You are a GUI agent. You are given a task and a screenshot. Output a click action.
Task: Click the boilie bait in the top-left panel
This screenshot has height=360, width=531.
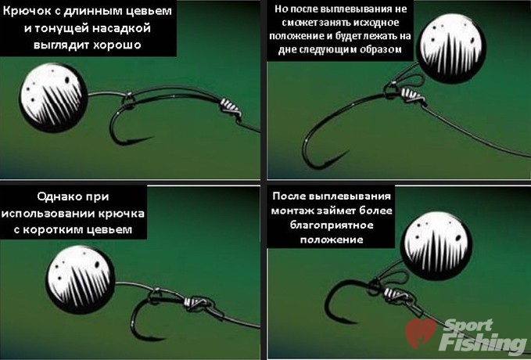(x=53, y=97)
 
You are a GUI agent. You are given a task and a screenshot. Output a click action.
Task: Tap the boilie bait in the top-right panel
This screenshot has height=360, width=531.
(x=451, y=49)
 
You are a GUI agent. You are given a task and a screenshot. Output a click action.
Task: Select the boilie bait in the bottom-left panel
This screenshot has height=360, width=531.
(x=81, y=279)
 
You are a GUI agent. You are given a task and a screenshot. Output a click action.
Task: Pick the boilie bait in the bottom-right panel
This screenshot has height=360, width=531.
(x=436, y=246)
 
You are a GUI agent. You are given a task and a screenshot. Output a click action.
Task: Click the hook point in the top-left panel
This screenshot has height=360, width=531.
(x=153, y=138)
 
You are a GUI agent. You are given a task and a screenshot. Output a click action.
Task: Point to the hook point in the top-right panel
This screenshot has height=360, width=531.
(x=348, y=152)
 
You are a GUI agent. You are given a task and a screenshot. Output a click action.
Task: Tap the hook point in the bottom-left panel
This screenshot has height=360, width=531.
(x=164, y=338)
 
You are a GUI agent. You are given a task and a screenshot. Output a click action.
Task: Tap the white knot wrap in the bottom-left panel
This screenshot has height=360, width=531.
(x=196, y=301)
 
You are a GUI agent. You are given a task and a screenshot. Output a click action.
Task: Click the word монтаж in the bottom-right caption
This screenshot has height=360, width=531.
(x=292, y=211)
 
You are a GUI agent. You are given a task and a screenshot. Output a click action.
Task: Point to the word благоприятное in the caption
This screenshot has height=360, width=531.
(x=332, y=225)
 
